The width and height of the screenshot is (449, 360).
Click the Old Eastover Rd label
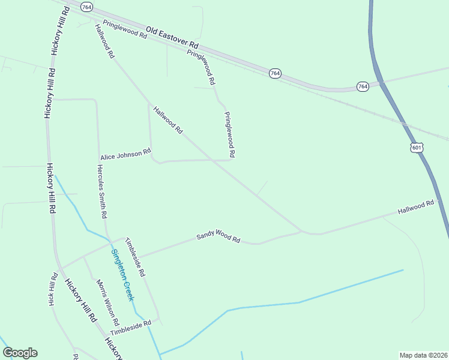(x=172, y=37)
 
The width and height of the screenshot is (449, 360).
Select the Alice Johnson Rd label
(x=125, y=155)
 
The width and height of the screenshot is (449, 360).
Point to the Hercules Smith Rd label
(x=102, y=190)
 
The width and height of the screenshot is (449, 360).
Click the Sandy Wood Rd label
(x=218, y=238)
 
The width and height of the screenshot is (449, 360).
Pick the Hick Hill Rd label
(x=53, y=289)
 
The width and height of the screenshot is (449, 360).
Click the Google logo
(x=20, y=353)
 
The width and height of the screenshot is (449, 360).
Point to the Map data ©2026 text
(x=423, y=355)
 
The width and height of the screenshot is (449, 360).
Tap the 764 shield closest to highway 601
(x=363, y=86)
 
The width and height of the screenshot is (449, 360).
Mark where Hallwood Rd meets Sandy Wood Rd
(x=303, y=232)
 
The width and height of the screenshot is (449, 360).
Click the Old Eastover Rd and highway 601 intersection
(x=380, y=83)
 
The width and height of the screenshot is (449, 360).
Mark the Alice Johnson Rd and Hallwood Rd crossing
(x=211, y=160)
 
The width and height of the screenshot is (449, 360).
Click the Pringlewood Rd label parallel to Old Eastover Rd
(x=125, y=31)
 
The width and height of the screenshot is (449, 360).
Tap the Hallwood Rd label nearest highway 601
(x=415, y=208)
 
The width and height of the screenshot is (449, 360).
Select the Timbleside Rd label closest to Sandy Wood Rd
(x=135, y=257)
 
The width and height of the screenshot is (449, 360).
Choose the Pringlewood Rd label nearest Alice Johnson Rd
(x=229, y=135)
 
